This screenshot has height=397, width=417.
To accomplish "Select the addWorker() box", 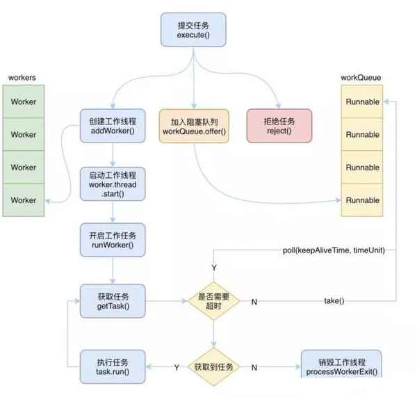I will (112, 126).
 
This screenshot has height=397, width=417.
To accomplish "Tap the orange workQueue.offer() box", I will (194, 126).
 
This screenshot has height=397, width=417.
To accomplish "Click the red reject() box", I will (279, 126).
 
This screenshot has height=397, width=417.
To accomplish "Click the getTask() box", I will (112, 300).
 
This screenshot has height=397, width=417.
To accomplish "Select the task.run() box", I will (112, 366).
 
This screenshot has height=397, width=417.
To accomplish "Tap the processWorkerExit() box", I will (341, 366).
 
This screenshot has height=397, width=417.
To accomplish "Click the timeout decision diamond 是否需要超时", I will (215, 300).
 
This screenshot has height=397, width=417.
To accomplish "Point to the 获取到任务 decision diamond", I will (215, 366).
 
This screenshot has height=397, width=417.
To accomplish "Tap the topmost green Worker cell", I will (23, 102).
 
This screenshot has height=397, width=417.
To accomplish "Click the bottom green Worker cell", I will (23, 200).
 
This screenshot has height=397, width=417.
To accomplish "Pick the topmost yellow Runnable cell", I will (362, 102).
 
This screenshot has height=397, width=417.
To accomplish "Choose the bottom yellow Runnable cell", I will (362, 200).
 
